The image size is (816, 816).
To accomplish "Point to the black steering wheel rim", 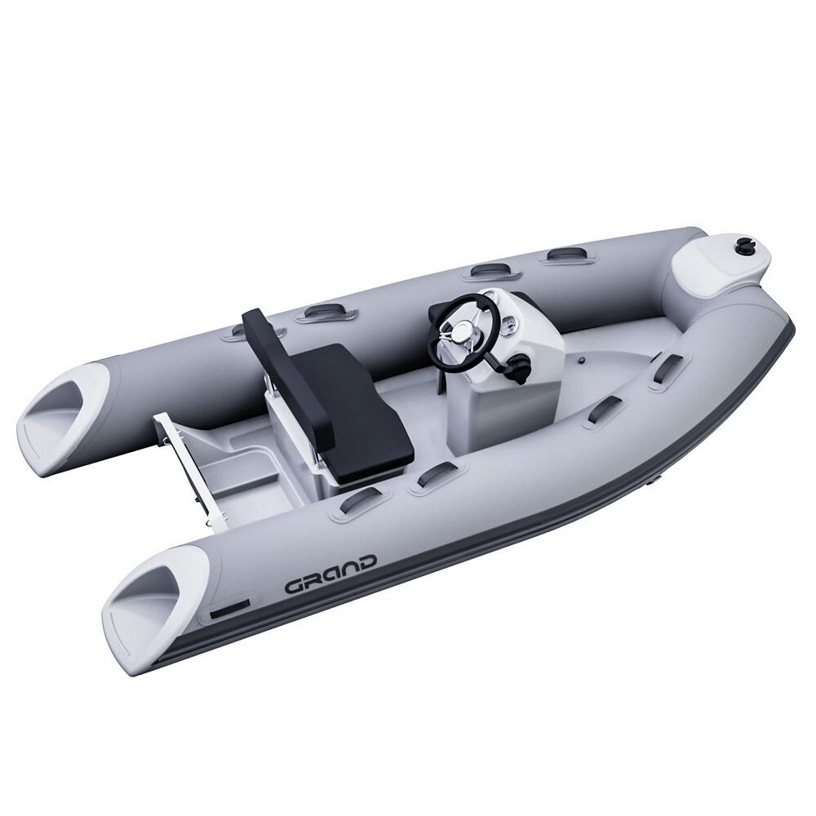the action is (477, 302).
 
